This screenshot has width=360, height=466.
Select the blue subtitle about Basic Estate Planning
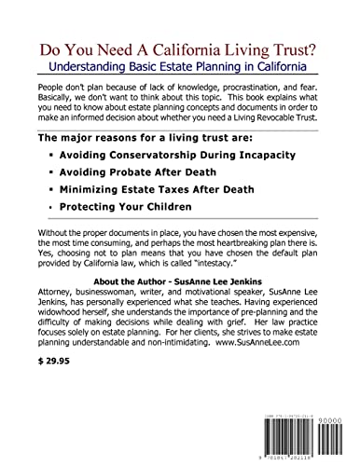pos(180,69)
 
